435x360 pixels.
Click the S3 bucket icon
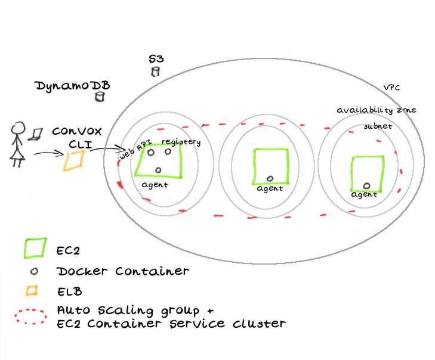point(156,72)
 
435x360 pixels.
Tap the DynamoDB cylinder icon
point(99,95)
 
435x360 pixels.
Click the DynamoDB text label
point(72,87)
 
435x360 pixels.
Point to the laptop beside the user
point(37,134)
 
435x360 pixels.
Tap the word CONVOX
point(76,131)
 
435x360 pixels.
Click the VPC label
point(391,87)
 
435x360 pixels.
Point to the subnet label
point(378,126)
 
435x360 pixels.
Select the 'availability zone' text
point(376,110)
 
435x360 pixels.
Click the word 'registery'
point(181,142)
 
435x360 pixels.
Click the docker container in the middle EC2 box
point(269,178)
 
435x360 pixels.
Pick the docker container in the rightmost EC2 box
point(366,185)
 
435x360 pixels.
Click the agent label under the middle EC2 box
point(270,189)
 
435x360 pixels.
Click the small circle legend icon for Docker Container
point(34,271)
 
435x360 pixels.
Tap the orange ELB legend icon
point(33,291)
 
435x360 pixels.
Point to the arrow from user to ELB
point(49,155)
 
